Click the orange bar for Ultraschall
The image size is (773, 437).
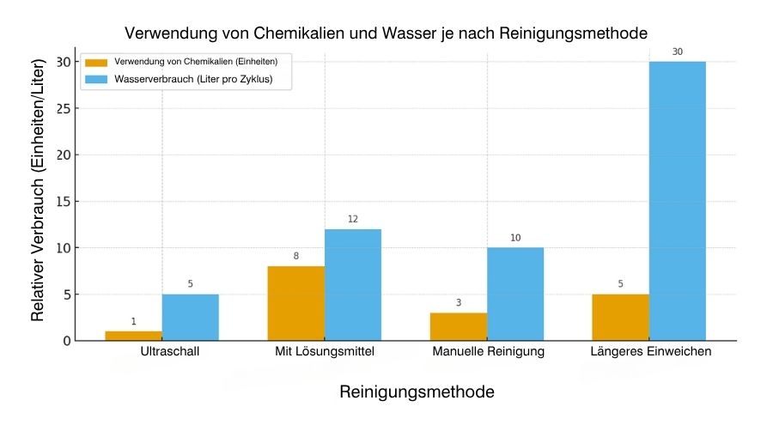click(134, 336)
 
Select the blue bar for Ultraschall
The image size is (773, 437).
click(190, 318)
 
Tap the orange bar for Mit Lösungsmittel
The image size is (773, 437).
click(296, 303)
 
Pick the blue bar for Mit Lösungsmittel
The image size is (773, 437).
click(352, 285)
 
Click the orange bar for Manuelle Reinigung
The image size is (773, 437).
click(459, 326)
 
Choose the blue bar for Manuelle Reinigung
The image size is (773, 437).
click(514, 294)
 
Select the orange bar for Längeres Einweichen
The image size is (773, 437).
click(620, 318)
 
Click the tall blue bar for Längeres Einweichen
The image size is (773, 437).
click(677, 201)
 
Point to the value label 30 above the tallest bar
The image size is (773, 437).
click(677, 52)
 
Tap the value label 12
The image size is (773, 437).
click(352, 219)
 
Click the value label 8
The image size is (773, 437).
click(296, 256)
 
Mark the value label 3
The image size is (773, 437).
click(459, 302)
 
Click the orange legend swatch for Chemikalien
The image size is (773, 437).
click(96, 61)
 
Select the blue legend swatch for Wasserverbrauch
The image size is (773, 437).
click(96, 80)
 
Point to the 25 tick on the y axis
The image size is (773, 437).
click(61, 108)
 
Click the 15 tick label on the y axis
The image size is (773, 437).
click(61, 202)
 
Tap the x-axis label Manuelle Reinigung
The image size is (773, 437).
click(488, 352)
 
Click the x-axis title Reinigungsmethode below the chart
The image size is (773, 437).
click(417, 392)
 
